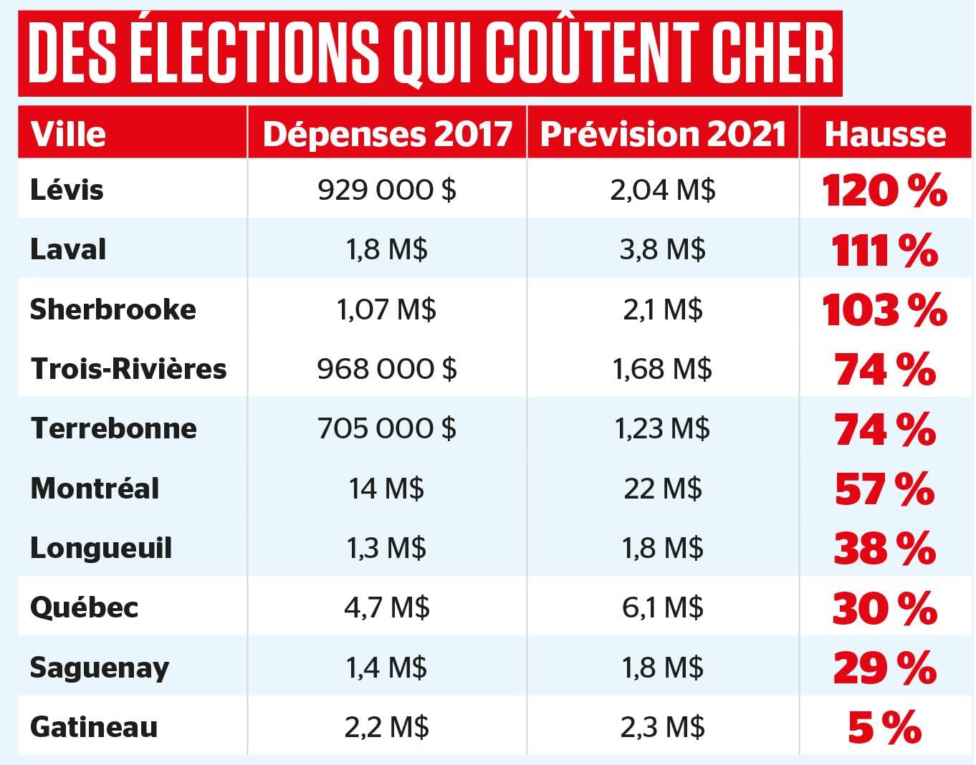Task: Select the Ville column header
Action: coord(68,134)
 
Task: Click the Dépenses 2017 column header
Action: coord(387,134)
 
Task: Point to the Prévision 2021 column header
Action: coord(663,134)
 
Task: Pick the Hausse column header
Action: coord(885,134)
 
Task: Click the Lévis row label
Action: coord(67,190)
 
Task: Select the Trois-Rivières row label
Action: coord(128,369)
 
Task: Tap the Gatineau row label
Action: coord(94,727)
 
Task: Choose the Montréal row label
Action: coord(95,489)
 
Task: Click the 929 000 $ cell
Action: coord(387,190)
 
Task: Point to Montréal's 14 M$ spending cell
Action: coord(387,489)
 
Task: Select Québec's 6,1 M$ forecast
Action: coord(663,607)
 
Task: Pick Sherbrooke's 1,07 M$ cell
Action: coord(387,309)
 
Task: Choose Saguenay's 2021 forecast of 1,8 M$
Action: coord(663,668)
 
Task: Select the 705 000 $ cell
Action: coord(387,428)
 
